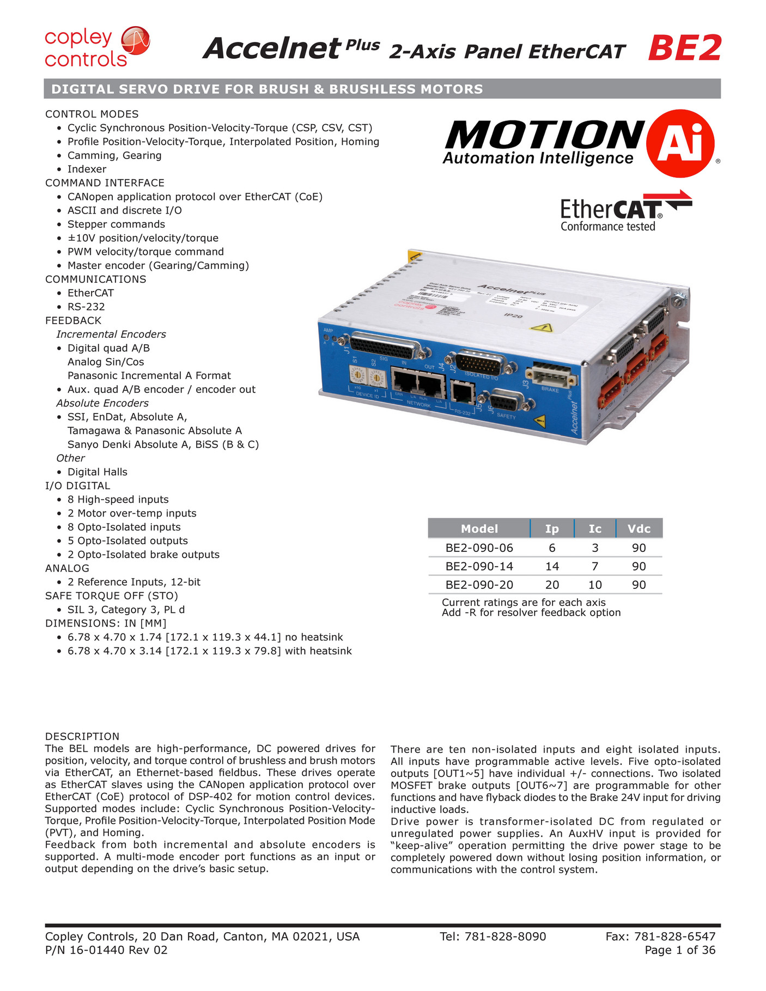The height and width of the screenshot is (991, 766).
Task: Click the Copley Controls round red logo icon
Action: click(135, 41)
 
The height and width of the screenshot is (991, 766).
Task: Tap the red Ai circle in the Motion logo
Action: click(680, 143)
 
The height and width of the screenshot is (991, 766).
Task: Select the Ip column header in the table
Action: click(551, 528)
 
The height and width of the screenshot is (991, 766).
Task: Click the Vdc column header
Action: click(639, 528)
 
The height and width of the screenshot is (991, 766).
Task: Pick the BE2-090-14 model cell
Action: click(479, 566)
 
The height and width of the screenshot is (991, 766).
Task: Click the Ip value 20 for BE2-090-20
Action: click(552, 585)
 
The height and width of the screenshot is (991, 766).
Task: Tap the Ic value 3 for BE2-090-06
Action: click(594, 548)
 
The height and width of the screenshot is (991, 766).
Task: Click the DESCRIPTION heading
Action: click(82, 736)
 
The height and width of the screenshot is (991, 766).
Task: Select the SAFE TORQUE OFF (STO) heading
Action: click(112, 595)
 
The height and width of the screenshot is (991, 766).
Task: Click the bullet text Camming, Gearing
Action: click(114, 155)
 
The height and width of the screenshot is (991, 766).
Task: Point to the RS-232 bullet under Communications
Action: click(86, 307)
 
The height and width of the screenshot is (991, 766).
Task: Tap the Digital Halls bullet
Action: click(97, 472)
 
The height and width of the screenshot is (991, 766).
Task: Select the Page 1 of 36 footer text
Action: click(679, 950)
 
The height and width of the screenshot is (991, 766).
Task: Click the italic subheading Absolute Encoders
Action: click(102, 403)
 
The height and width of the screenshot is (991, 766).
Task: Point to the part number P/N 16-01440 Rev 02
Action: click(106, 950)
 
